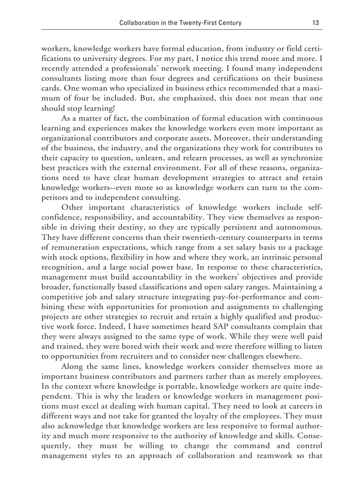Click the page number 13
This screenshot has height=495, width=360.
click(315, 23)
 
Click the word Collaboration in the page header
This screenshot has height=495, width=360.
click(138, 23)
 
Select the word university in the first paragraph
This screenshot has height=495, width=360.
click(141, 69)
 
